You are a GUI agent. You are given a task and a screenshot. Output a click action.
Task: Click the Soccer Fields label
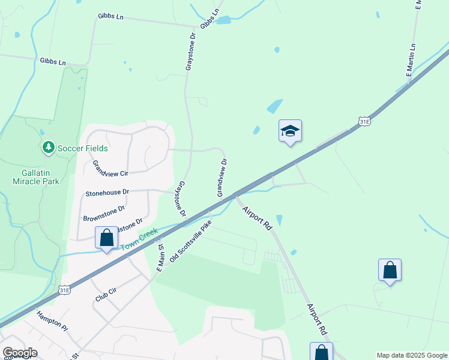[x=83, y=148]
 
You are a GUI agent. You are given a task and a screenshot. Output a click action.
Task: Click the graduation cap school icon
[x=290, y=131]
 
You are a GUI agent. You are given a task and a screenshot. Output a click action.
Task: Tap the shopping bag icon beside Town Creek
[x=106, y=238]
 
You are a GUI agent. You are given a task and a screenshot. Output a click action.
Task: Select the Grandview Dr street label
[x=221, y=178]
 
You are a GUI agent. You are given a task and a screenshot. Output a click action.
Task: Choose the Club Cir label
[x=105, y=295]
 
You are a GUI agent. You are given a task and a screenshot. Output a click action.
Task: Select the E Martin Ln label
[x=411, y=62]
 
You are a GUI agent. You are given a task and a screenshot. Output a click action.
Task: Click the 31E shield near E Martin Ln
[x=364, y=122]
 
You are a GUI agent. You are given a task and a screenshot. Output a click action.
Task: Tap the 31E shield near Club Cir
[x=65, y=290]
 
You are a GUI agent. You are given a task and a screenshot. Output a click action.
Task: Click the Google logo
[x=20, y=352]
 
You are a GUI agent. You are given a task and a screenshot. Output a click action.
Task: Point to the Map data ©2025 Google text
[x=411, y=355]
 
